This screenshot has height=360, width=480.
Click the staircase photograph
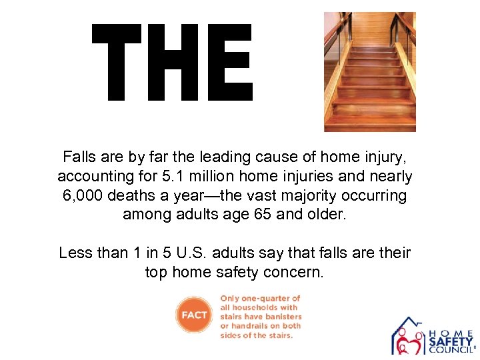[369, 71]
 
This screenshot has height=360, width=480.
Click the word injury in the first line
[381, 157]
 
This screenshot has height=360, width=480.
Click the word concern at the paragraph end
[295, 272]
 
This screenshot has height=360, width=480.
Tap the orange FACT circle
[194, 315]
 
